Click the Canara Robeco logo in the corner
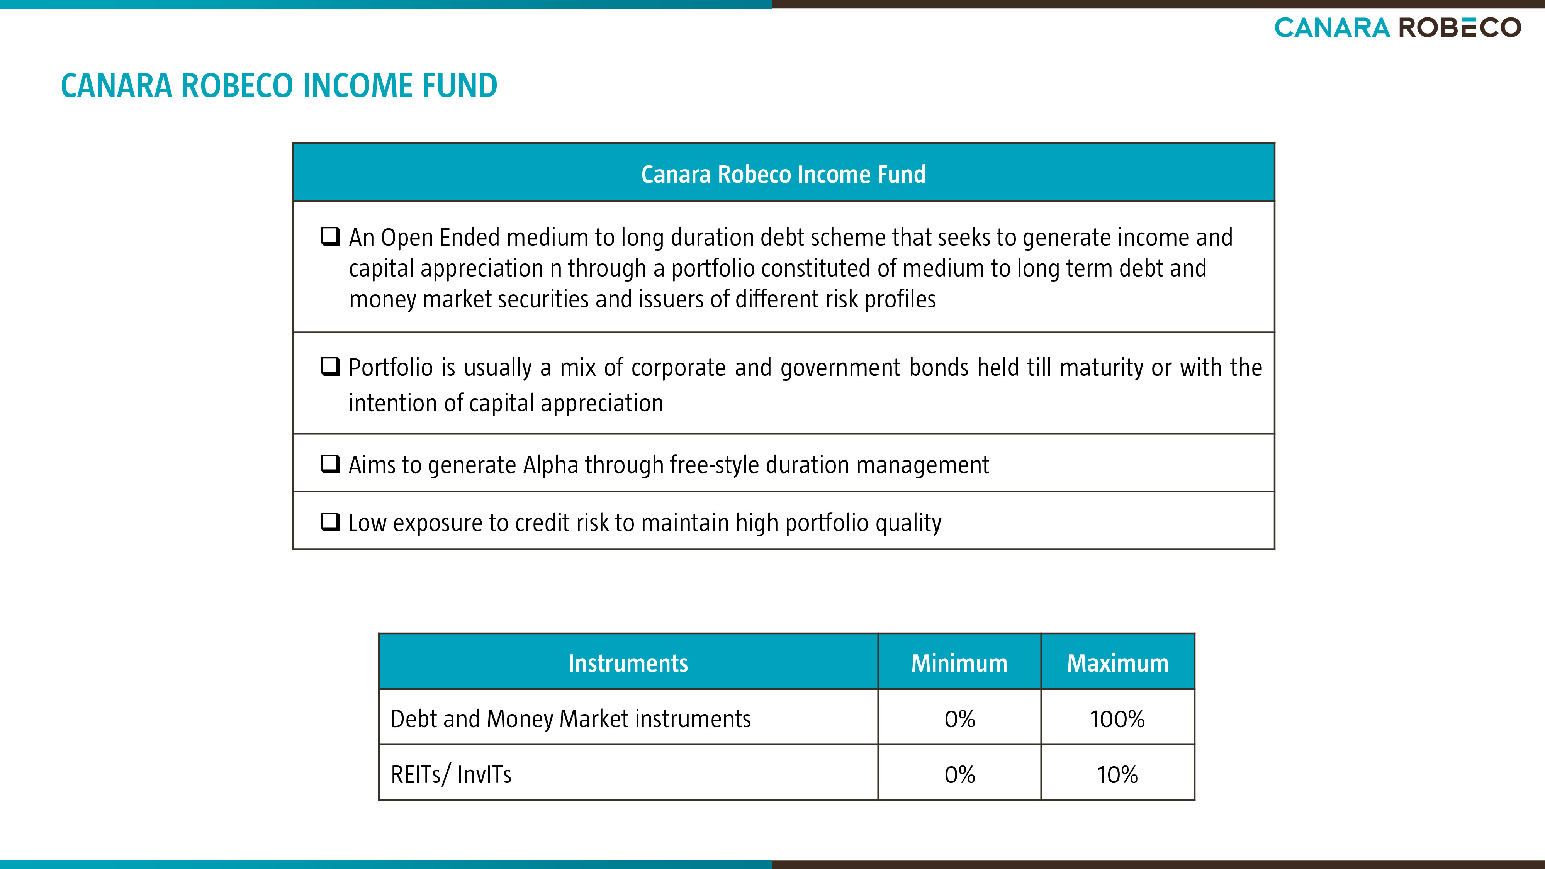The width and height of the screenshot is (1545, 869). pos(1397,27)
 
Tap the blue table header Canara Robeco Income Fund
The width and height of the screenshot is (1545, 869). pos(783,174)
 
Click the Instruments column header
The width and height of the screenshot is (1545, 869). pos(628,663)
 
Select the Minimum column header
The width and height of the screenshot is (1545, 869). pos(959,663)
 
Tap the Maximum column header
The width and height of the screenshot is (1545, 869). pos(1118,663)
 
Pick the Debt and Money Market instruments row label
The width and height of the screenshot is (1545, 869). pos(570,719)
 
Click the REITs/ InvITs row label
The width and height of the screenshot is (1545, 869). pos(451,775)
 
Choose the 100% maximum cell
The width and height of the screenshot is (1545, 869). pos(1117,719)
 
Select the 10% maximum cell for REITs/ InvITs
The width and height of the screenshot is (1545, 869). pos(1117,775)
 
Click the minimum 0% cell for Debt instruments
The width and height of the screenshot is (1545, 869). pos(959,719)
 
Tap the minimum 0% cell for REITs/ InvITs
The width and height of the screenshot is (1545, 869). pos(959,775)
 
